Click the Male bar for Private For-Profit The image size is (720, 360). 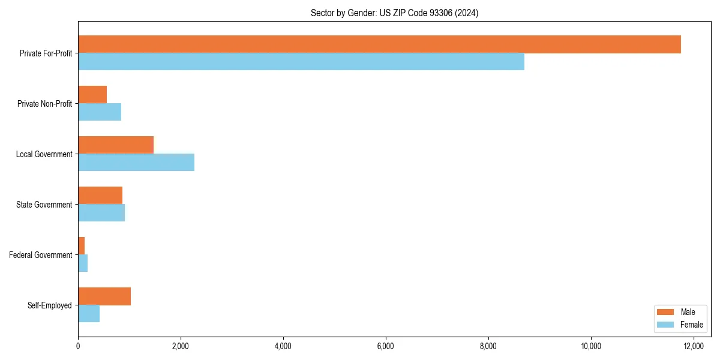click(379, 44)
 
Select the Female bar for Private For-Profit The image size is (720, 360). click(301, 62)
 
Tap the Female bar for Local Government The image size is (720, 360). click(136, 163)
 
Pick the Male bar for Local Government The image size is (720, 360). click(116, 145)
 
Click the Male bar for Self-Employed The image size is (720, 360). click(104, 296)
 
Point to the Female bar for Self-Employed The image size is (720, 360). click(89, 314)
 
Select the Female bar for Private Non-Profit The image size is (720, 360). click(100, 112)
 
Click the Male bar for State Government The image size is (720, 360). click(100, 196)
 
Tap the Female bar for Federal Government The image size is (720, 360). click(83, 263)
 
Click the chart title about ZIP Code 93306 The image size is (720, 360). click(394, 13)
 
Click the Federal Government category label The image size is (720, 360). click(41, 255)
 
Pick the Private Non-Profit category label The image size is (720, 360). click(44, 104)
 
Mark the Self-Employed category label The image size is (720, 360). click(50, 305)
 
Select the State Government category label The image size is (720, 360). click(44, 205)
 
